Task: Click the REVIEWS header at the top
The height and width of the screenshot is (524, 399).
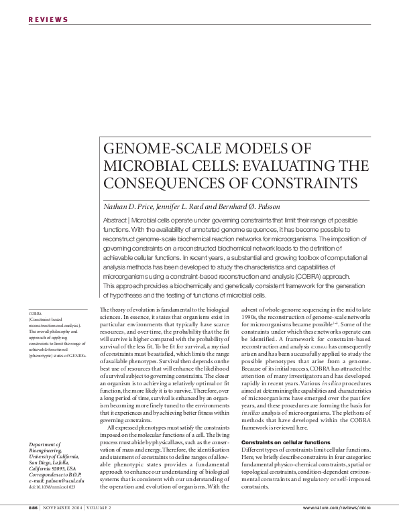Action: tap(48, 19)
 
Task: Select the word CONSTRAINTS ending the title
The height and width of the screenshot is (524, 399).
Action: tap(302, 182)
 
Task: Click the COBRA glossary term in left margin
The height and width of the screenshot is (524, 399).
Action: tap(35, 313)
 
